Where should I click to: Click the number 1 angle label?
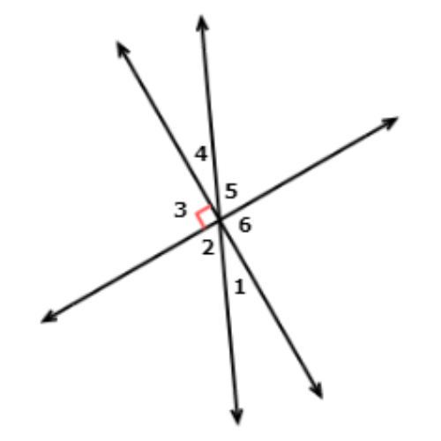[240, 287]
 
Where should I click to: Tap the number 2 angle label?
[208, 247]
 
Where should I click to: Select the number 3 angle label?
[181, 210]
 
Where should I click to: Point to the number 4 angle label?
[201, 153]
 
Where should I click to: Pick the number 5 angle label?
[231, 191]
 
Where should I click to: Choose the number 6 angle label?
[245, 225]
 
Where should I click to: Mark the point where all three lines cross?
[219, 220]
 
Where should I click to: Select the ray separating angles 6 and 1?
[271, 309]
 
